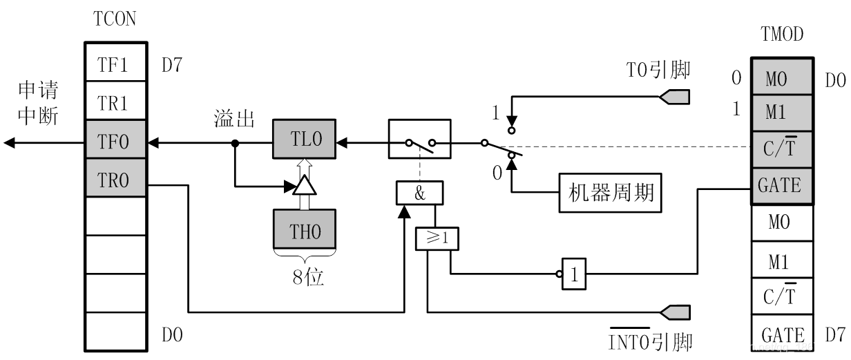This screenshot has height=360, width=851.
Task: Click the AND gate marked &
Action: [419, 193]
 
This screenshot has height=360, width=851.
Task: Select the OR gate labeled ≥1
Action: [436, 238]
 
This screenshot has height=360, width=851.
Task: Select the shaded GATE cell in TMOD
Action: [779, 185]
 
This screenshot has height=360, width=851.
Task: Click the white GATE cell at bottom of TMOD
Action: [782, 335]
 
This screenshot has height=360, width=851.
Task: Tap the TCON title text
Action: [115, 19]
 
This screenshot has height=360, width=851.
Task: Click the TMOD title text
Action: [781, 33]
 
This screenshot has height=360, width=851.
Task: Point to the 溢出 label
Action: [233, 119]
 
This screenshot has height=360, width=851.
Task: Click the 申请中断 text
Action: [37, 103]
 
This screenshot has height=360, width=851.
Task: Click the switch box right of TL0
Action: [419, 143]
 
